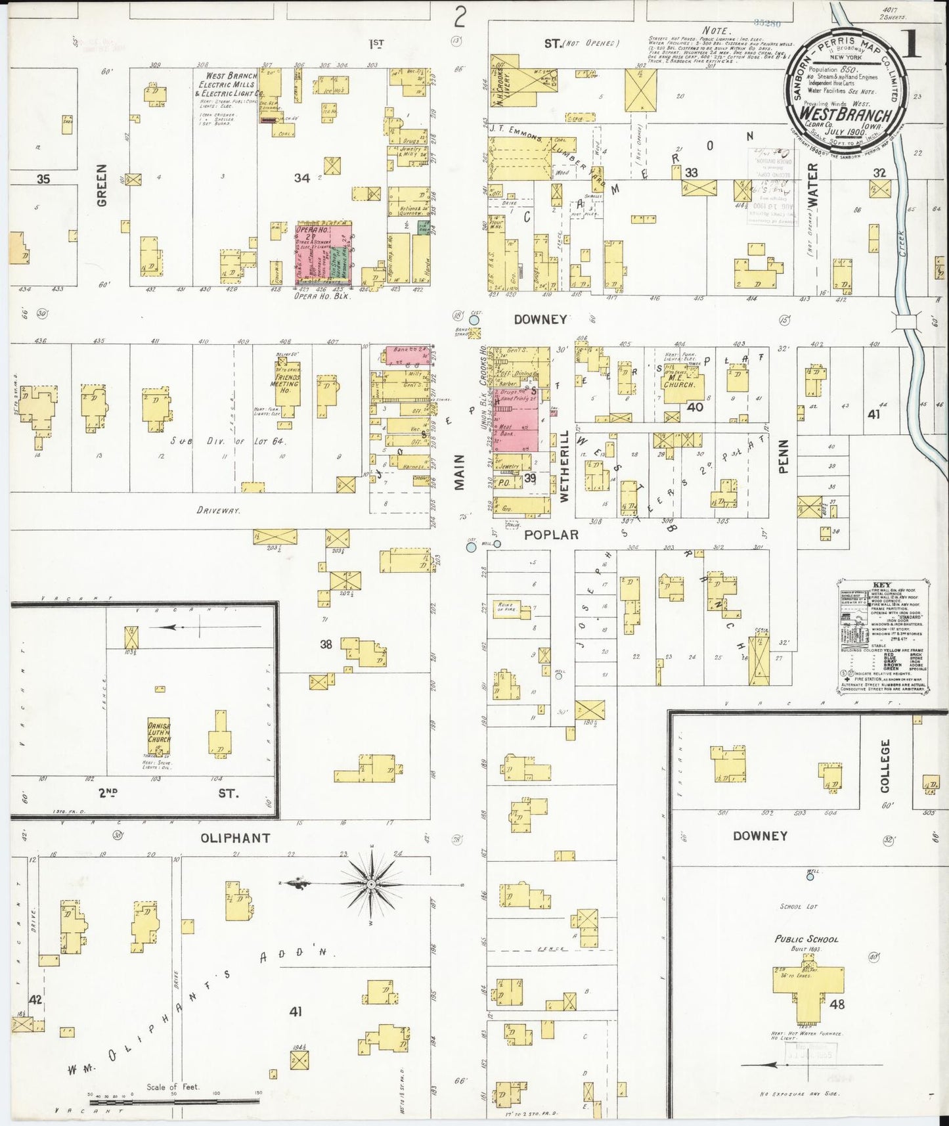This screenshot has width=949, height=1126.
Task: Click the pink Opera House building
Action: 322,253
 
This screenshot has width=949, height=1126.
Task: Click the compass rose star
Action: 371,885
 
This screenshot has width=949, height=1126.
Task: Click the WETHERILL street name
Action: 563,466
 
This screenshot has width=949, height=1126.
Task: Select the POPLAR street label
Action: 551,535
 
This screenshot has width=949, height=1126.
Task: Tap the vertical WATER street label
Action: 814,186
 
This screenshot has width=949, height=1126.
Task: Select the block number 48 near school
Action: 837,1004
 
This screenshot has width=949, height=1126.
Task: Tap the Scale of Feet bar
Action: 173,1101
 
